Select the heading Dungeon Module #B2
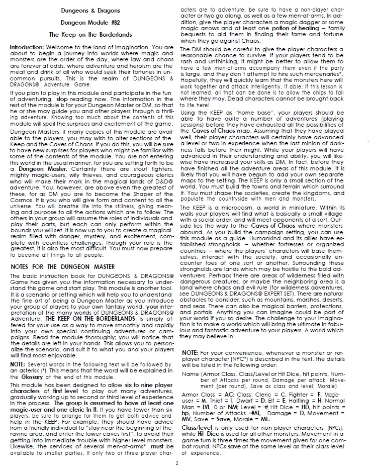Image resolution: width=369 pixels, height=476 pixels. pyautogui.click(x=90, y=23)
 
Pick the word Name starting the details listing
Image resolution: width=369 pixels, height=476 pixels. pyautogui.click(x=189, y=373)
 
